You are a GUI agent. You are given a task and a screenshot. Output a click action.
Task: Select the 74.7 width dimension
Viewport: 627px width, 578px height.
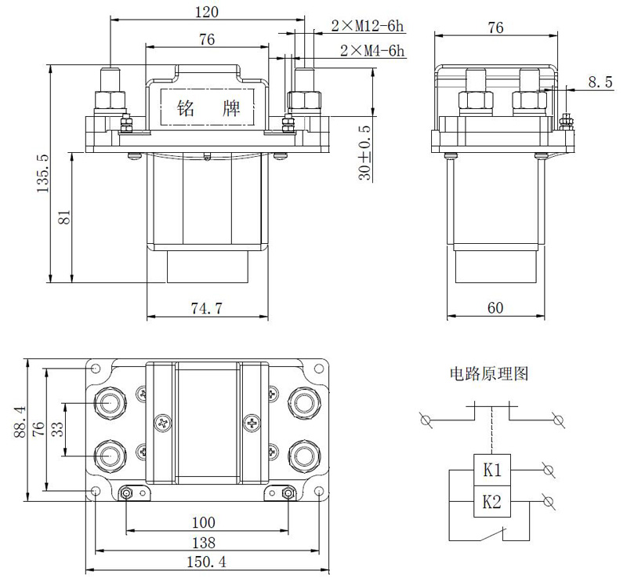[x=206, y=308]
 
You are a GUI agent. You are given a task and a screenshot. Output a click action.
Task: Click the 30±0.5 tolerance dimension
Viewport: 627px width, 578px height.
[x=365, y=152]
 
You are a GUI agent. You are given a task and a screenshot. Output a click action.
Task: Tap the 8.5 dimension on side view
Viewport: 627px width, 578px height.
[x=600, y=82]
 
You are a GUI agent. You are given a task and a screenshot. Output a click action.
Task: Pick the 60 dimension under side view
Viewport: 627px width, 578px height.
[x=495, y=308]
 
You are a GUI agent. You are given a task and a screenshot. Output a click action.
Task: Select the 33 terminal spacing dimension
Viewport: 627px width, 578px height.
[x=57, y=429]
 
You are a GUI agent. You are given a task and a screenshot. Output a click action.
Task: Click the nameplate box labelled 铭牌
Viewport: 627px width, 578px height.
[x=208, y=107]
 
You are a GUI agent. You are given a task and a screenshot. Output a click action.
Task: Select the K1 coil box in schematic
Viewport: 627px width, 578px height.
[x=492, y=471]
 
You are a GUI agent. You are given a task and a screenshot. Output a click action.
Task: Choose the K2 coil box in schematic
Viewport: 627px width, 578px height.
[x=492, y=502]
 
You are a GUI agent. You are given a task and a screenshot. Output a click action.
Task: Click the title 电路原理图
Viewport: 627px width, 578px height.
[x=488, y=374]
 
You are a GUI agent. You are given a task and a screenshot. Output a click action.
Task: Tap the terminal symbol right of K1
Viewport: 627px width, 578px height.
[x=549, y=471]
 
